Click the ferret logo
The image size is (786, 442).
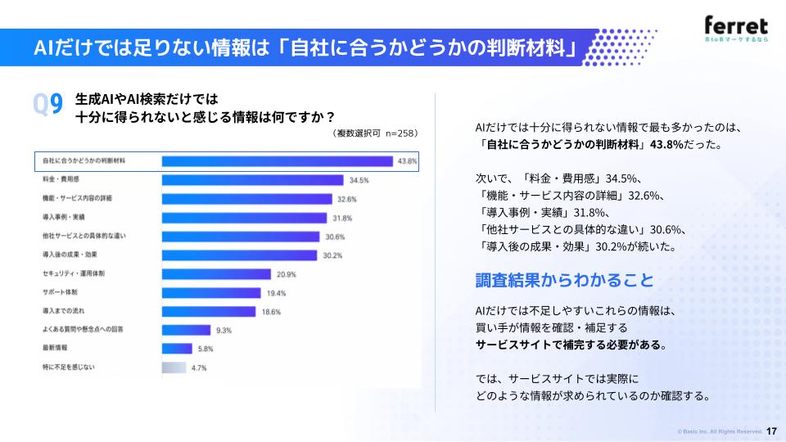(x=736, y=29)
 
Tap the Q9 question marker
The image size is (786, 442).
(x=47, y=104)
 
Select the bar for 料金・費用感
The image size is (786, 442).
(x=252, y=180)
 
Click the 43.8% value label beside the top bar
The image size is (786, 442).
(x=407, y=161)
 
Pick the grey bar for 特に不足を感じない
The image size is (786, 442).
(x=174, y=368)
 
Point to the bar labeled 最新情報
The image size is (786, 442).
(x=177, y=349)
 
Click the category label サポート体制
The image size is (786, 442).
(x=60, y=292)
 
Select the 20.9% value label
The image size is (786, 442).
(x=287, y=275)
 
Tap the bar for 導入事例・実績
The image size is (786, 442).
(x=244, y=218)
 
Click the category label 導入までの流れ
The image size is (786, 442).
(x=64, y=311)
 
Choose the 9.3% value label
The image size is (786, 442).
(x=224, y=331)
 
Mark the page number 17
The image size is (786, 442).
(x=771, y=431)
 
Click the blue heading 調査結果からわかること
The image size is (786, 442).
(x=564, y=280)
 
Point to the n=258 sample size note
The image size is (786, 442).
(x=400, y=133)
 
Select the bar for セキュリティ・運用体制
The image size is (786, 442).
(x=216, y=274)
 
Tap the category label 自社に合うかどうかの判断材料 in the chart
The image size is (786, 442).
(x=84, y=161)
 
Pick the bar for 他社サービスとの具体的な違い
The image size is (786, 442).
(x=241, y=237)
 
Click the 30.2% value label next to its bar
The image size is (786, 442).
(x=332, y=255)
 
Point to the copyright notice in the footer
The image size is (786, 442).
(x=720, y=431)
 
